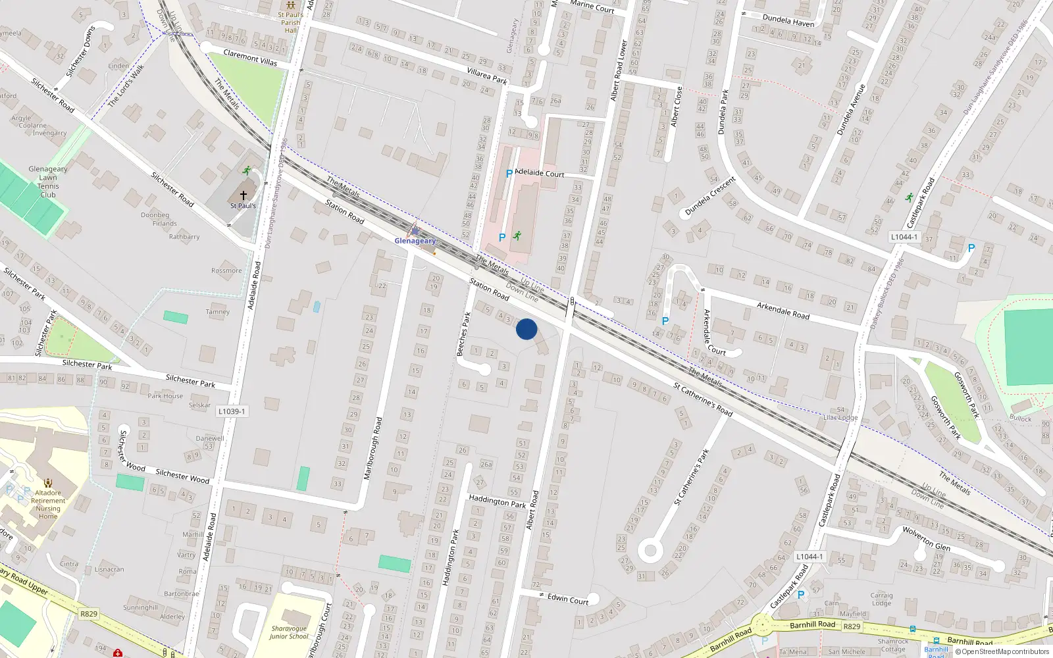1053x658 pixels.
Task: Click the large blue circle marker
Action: tap(526, 329)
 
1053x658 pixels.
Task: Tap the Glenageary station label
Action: tap(415, 241)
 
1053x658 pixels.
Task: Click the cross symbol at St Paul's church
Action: tap(244, 195)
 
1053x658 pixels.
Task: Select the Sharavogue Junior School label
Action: tap(289, 632)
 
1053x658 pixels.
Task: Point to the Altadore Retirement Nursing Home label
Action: tap(48, 504)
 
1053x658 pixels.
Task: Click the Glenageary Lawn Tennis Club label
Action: tap(48, 182)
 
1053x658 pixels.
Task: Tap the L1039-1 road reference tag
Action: tap(232, 411)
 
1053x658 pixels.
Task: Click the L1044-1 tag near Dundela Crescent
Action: tap(904, 237)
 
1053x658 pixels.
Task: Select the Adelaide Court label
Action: tap(540, 173)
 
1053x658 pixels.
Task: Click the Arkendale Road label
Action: tap(783, 311)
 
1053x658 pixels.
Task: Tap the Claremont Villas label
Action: tap(250, 57)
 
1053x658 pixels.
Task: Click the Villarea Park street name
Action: tap(487, 76)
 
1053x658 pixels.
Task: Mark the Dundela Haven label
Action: tap(788, 21)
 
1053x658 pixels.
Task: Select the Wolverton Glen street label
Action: tap(926, 538)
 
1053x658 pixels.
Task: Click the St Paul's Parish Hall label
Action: tap(290, 22)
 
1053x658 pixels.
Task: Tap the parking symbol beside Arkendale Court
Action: tap(665, 321)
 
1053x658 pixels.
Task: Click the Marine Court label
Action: tap(592, 7)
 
